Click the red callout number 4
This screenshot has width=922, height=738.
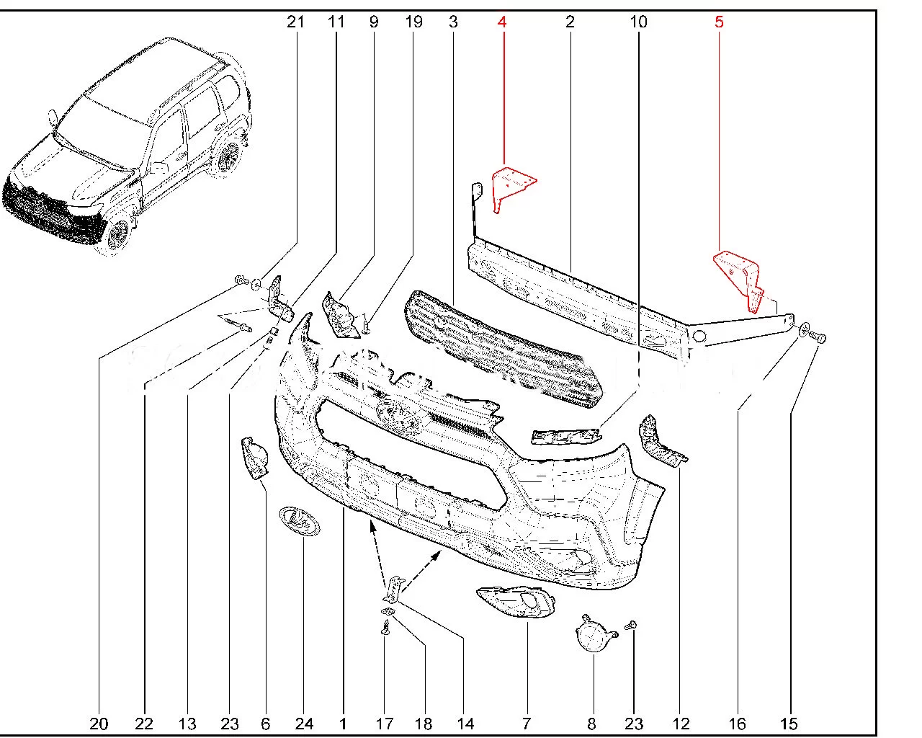(x=502, y=22)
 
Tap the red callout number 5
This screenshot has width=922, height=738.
(x=719, y=22)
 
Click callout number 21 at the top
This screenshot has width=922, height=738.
(x=295, y=22)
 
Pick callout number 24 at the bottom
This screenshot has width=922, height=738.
(x=304, y=724)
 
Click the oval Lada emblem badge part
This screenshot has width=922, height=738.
(x=300, y=520)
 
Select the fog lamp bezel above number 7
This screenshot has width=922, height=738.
(x=516, y=602)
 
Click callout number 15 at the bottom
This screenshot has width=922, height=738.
(x=789, y=724)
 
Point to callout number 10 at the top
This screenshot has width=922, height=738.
(x=638, y=22)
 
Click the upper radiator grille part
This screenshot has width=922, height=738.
(x=502, y=347)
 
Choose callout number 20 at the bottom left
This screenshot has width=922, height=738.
(x=99, y=724)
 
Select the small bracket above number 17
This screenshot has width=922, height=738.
(x=393, y=589)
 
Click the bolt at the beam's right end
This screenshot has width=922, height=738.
(x=820, y=338)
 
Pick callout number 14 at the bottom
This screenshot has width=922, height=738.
(x=465, y=724)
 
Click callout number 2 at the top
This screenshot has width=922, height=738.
(x=570, y=22)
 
